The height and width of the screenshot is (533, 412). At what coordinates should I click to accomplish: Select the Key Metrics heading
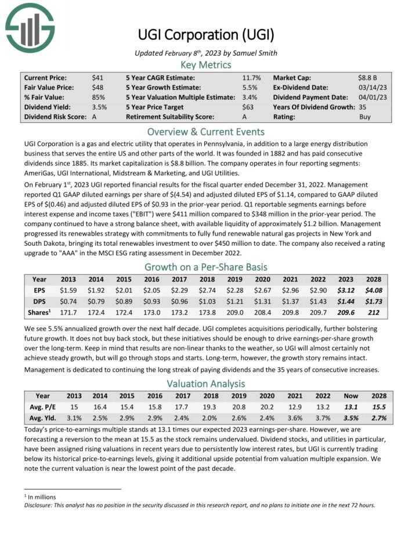(206, 64)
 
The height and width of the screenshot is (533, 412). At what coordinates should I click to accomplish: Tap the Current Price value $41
(97, 77)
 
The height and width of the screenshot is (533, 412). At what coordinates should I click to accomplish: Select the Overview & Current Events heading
(206, 132)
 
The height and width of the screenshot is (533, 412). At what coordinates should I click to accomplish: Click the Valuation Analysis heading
(206, 383)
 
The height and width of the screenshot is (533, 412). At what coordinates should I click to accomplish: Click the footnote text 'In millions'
(42, 496)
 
